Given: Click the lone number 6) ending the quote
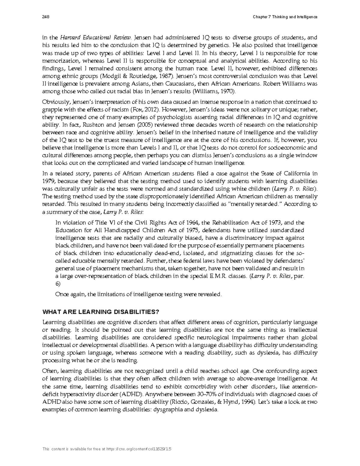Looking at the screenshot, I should pyautogui.click(x=58, y=284).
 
